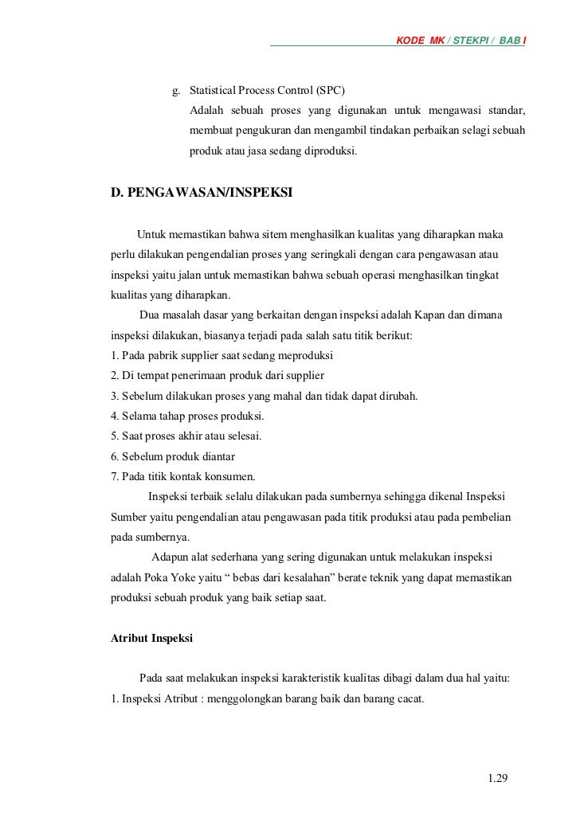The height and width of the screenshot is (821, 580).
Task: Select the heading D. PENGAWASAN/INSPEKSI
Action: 201,192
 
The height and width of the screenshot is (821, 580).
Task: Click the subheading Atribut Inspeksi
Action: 151,638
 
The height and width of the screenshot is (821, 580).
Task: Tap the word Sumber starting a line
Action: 127,517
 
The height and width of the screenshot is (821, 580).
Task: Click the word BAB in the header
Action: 511,40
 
